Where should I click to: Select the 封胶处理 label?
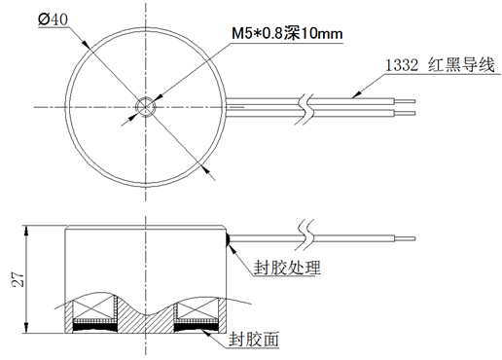(x=287, y=268)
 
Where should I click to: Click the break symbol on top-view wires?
(x=307, y=105)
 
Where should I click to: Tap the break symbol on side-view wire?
(x=307, y=235)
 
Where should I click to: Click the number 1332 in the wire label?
(x=401, y=66)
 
